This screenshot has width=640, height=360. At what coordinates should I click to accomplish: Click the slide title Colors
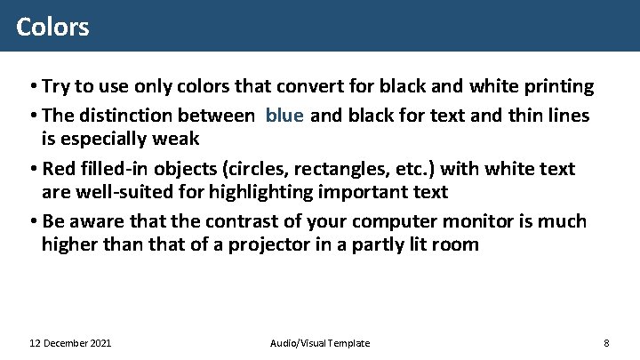coord(52,27)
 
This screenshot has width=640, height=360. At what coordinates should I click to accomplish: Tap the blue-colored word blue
coord(284,115)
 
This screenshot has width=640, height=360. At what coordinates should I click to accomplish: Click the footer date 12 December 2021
coord(70,343)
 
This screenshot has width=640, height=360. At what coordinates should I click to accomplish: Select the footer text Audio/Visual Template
coord(319,343)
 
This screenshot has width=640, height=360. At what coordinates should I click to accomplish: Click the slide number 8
coord(605,343)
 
